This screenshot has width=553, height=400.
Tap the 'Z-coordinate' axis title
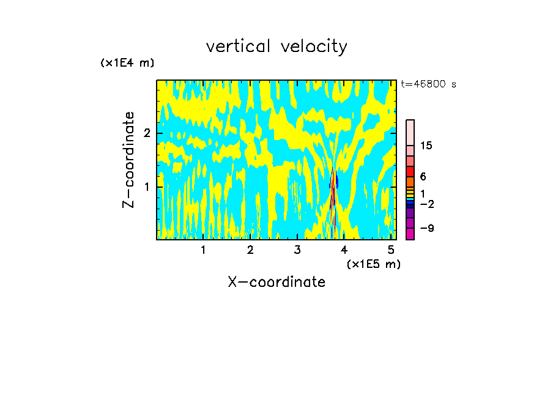(128, 160)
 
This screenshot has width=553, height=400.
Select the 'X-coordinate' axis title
(276, 282)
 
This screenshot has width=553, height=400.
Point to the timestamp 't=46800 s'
(428, 84)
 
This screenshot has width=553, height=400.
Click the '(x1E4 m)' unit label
(127, 63)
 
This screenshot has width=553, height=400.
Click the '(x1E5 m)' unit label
(373, 264)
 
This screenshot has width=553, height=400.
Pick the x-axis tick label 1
(204, 250)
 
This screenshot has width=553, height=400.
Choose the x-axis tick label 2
(250, 250)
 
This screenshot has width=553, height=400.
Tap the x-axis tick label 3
(297, 250)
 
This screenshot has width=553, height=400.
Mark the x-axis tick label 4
(344, 250)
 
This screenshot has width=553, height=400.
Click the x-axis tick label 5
(391, 250)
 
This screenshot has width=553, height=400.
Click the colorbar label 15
(426, 146)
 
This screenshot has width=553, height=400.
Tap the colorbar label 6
(423, 177)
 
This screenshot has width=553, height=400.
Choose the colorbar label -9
(426, 228)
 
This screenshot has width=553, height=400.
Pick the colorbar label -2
(426, 204)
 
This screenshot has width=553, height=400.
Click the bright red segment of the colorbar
(410, 171)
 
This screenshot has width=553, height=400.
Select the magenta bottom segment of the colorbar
(410, 234)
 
